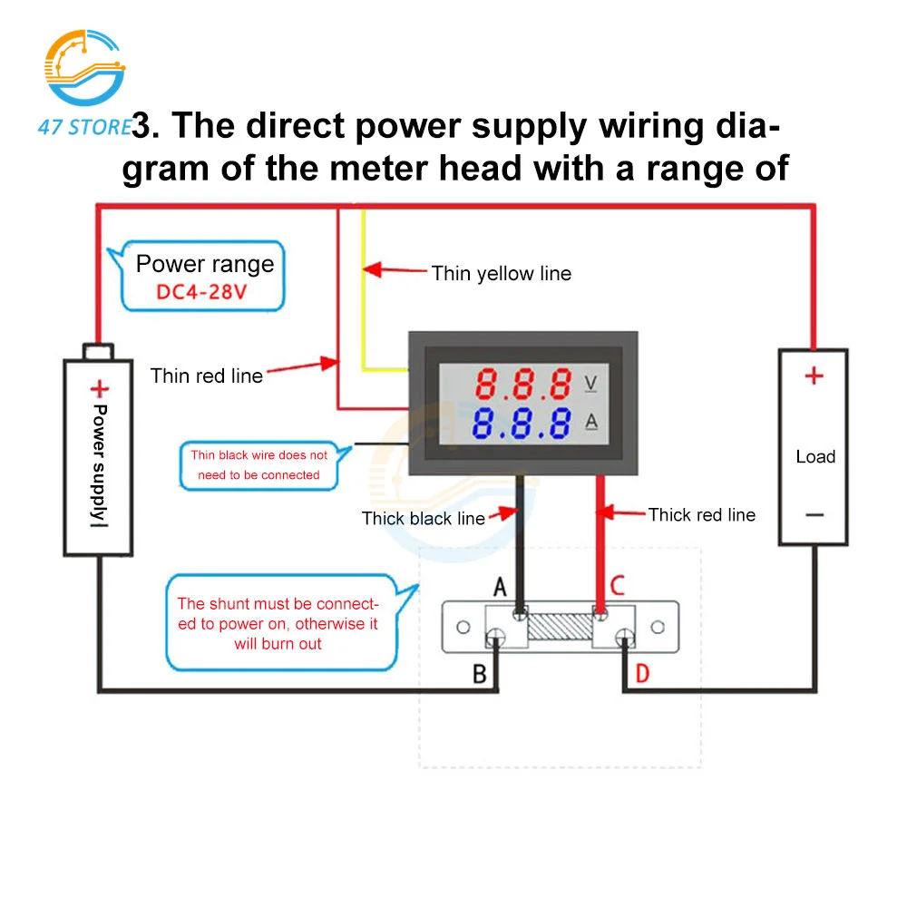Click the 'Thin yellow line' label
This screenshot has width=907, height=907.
(501, 273)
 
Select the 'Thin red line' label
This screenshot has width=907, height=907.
(207, 375)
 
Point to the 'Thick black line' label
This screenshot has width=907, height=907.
(424, 518)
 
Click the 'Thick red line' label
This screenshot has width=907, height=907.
(701, 514)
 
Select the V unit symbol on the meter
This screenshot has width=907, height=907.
(590, 384)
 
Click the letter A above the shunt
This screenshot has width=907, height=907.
(500, 589)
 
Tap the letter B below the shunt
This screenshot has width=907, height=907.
(480, 674)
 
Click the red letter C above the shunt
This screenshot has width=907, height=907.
(617, 586)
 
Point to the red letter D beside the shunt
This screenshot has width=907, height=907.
(642, 673)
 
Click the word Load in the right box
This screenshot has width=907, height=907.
(814, 456)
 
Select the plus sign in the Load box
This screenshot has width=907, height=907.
(814, 375)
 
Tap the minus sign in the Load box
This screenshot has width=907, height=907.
(814, 515)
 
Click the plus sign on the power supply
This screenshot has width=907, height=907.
(98, 389)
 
